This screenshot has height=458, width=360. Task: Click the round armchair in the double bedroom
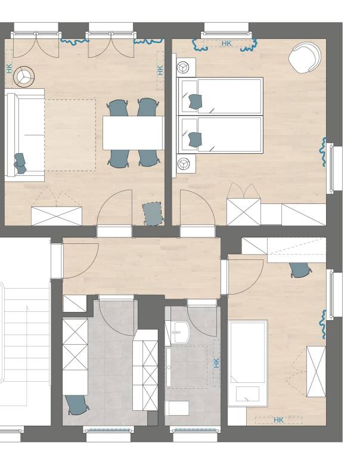click(305, 58)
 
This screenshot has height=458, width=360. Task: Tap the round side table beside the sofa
click(24, 75)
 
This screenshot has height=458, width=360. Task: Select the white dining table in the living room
click(133, 133)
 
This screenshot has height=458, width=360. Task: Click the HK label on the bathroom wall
click(216, 363)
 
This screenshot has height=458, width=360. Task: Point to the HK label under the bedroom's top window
click(226, 44)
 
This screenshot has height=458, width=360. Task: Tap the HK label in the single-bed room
click(278, 420)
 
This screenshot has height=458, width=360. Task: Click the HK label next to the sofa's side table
click(9, 68)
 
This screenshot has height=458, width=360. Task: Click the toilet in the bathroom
click(178, 408)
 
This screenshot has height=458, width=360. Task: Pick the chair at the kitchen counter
click(76, 404)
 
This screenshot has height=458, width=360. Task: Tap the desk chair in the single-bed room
click(300, 270)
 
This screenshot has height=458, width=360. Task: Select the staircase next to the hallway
click(25, 334)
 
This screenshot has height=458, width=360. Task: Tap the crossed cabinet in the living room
click(56, 216)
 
